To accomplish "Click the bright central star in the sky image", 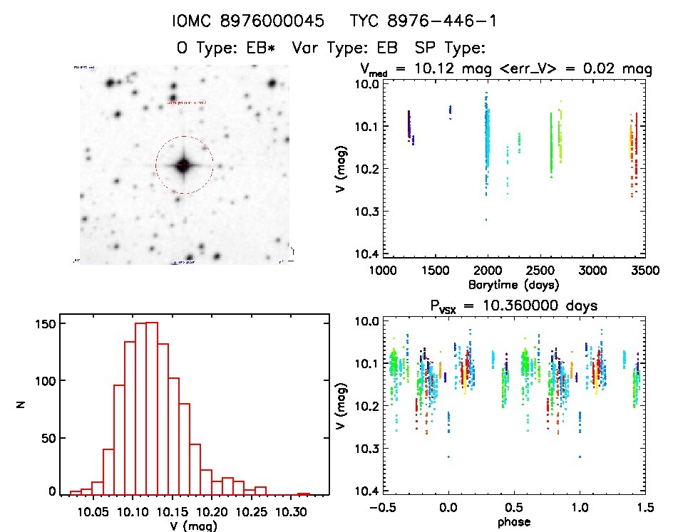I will (x=183, y=165).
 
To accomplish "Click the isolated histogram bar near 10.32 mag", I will (x=304, y=494).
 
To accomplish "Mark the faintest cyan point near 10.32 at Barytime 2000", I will (x=486, y=219).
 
